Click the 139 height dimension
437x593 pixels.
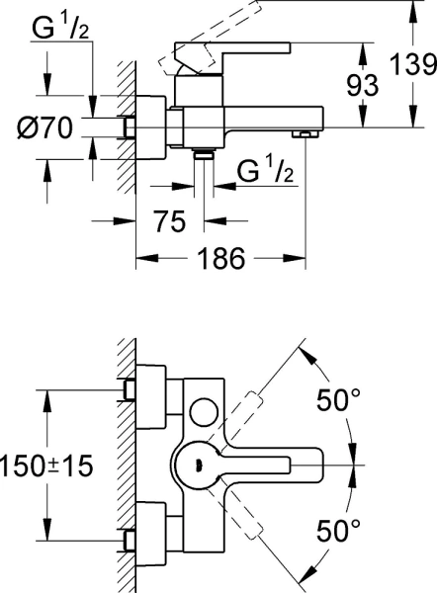(413, 64)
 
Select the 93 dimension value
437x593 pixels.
(363, 85)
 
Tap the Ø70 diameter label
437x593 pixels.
(44, 127)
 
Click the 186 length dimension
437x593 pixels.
(221, 259)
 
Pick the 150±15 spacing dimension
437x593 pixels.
(46, 466)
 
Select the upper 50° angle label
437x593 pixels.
(338, 399)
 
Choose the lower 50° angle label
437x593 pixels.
(338, 531)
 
